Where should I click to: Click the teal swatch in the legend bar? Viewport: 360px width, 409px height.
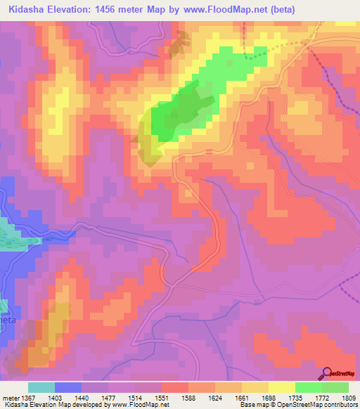point(41,387)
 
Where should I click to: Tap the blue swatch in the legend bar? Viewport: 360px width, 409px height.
point(67,387)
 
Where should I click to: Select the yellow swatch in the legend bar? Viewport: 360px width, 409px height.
point(281,387)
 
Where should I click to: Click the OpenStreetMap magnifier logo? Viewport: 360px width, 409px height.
point(326,373)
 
